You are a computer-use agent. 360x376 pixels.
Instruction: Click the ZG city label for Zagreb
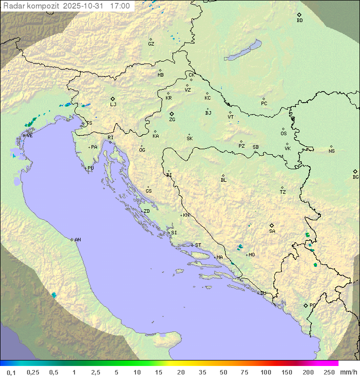point(172,120)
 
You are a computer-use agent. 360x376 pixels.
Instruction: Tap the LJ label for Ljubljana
point(113,105)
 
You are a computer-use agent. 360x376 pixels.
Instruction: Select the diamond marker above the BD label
point(299,15)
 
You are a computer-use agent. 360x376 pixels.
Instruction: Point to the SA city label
point(272,231)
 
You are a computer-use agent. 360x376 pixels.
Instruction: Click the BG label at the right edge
point(355,177)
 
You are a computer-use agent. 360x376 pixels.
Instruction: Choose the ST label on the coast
point(198,245)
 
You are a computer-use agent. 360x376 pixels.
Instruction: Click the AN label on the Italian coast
point(77,240)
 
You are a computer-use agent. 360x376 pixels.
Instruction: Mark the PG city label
point(312,305)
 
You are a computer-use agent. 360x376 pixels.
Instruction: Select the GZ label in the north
point(151,44)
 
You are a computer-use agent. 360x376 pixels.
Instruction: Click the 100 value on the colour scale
point(265,372)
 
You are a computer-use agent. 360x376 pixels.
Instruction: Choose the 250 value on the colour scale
point(328,372)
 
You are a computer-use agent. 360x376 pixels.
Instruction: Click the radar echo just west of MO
point(240,246)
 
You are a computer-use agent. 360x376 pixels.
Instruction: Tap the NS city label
point(331,151)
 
